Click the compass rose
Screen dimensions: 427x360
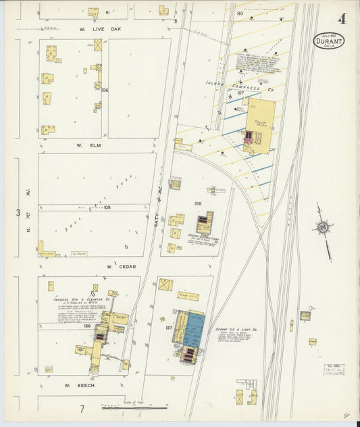[x=324, y=228]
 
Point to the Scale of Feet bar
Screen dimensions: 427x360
[x=135, y=407]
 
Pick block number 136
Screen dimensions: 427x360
[x=87, y=326]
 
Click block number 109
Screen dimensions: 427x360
[x=107, y=207]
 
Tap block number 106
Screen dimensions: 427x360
[x=105, y=90]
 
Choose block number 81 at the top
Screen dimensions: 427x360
[x=107, y=11]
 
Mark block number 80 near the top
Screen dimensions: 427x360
[x=240, y=13]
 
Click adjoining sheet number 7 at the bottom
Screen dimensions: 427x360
[x=81, y=409]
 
